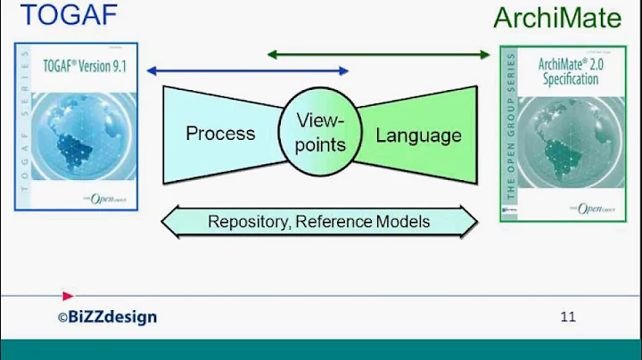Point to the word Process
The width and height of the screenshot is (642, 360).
(220, 134)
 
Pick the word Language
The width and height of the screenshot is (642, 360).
(418, 135)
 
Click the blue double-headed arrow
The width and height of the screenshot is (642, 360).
(248, 70)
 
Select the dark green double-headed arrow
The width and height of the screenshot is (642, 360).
(379, 54)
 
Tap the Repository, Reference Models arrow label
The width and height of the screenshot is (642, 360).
(319, 221)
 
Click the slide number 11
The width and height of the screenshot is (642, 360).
(568, 315)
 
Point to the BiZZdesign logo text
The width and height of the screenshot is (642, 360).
(109, 317)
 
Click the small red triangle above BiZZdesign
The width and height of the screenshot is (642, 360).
(68, 296)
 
